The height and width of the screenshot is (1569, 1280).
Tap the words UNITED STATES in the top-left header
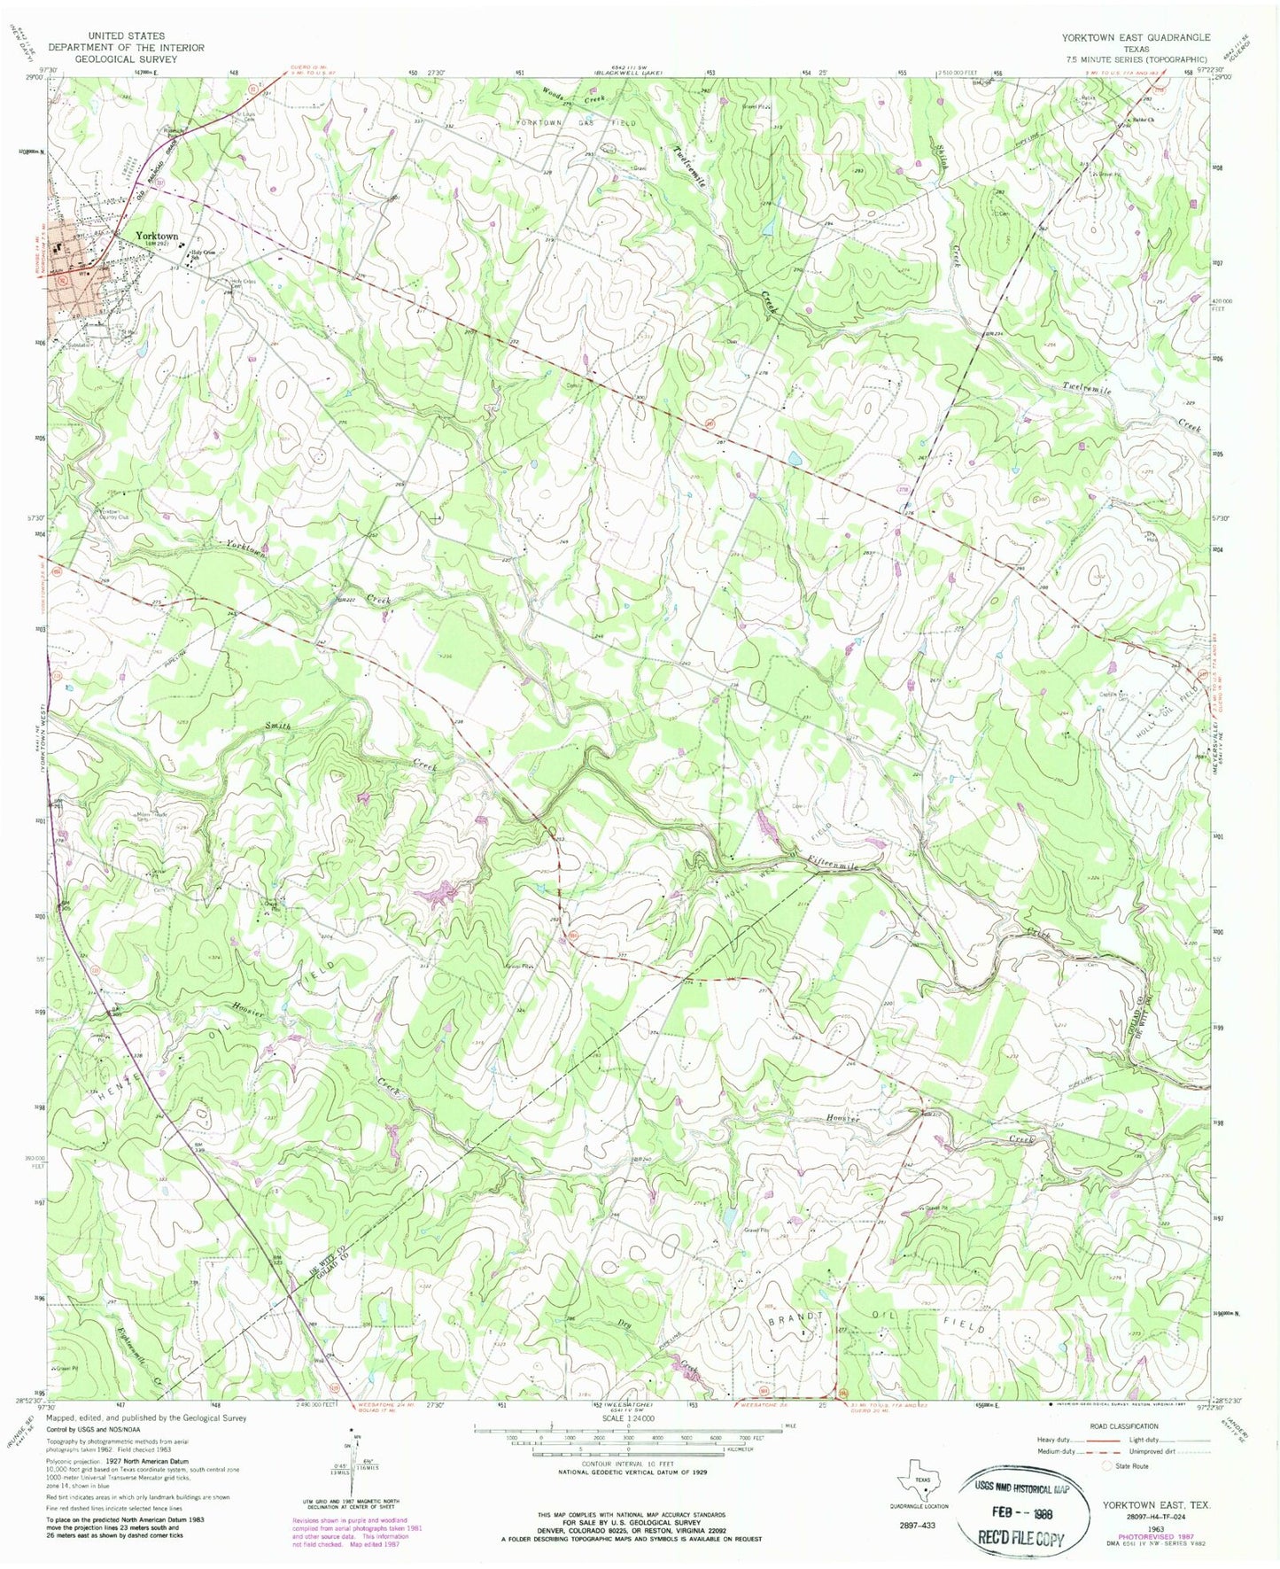126,36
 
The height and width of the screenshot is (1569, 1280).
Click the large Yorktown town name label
157,237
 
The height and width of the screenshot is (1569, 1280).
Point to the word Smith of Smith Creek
276,726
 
